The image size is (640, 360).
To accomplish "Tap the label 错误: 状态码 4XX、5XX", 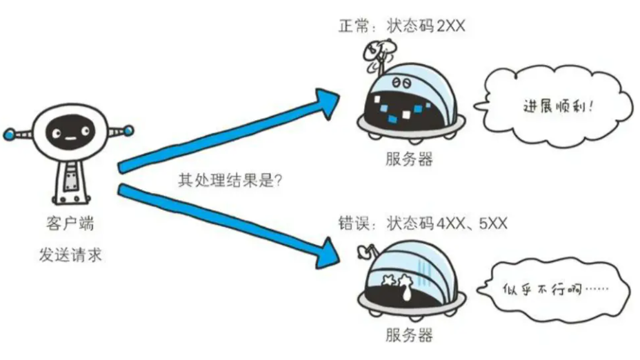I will click(428, 224).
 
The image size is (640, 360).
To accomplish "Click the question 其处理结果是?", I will click(232, 181).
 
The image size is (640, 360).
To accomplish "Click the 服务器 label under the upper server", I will click(410, 159).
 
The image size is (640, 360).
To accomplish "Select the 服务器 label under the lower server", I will click(410, 336).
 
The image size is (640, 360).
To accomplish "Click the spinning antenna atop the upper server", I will click(377, 52).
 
